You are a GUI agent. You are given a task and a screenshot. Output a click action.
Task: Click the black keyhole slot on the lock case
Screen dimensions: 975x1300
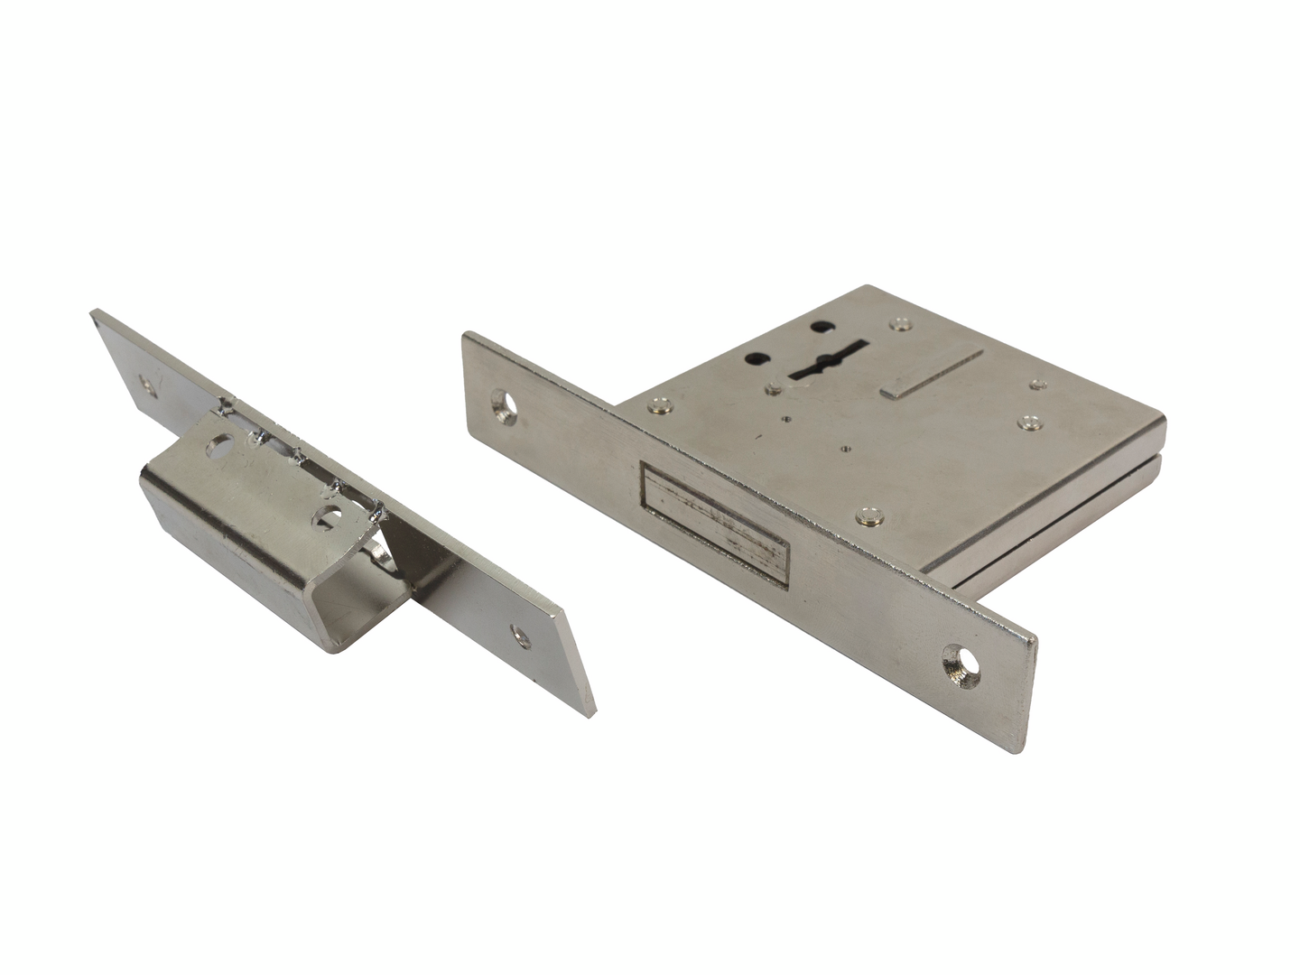click(x=826, y=362)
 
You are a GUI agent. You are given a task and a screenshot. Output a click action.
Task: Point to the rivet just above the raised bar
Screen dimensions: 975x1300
click(x=899, y=323)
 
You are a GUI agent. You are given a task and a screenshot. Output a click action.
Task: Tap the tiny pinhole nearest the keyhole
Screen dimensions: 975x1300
click(x=787, y=419)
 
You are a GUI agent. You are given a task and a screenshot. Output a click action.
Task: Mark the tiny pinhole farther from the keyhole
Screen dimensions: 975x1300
click(x=846, y=446)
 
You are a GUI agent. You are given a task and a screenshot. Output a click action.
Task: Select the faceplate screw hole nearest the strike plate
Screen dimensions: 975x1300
click(x=504, y=406)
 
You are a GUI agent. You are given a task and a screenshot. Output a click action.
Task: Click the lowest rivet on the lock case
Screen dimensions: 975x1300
click(x=869, y=517)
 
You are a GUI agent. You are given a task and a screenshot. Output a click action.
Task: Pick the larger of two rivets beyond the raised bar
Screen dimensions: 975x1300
click(x=1029, y=422)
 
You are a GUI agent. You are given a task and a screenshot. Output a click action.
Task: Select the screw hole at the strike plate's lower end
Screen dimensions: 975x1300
click(x=520, y=636)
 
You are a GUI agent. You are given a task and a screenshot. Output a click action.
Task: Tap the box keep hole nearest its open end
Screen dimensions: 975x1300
click(x=329, y=518)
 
